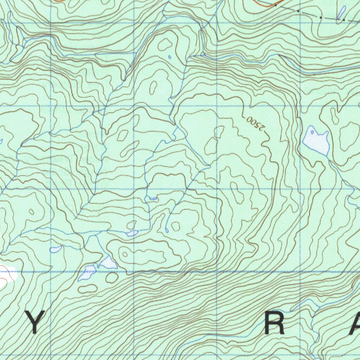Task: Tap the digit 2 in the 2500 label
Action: pos(261,128)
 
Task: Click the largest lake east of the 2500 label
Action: pos(316,141)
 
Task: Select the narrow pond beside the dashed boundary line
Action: pos(341,12)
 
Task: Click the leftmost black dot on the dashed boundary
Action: pos(276,6)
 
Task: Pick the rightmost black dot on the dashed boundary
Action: pos(343,20)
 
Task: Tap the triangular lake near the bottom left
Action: pos(108,262)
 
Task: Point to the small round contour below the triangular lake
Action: pos(112,277)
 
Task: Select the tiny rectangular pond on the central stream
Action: pos(153,199)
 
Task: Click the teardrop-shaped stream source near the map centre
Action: pos(167,230)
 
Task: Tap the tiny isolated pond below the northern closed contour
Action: pos(169,57)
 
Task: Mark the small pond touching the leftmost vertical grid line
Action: pos(56,249)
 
